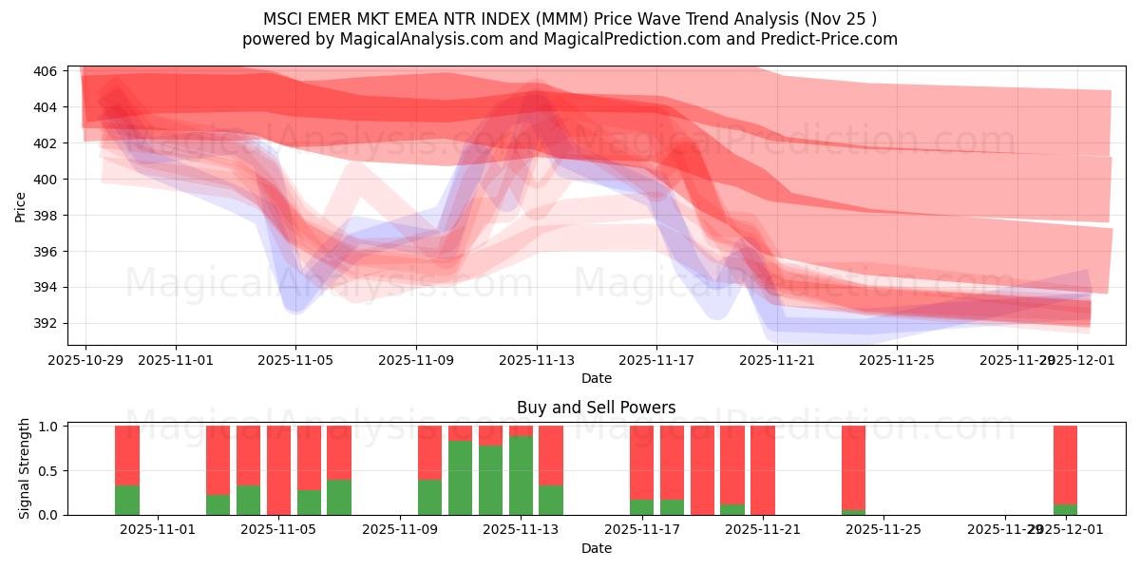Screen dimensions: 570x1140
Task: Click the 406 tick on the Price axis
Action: tap(46, 71)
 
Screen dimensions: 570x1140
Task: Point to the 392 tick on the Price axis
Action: tap(46, 323)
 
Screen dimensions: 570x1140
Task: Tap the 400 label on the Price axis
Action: tap(46, 180)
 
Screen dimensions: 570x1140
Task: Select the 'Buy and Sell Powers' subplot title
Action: tap(596, 408)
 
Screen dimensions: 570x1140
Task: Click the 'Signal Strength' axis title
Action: tap(25, 468)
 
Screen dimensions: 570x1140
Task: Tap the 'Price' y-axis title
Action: tap(21, 206)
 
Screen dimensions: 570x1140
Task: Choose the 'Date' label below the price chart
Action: tap(596, 378)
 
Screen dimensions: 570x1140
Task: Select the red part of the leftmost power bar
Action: tap(127, 454)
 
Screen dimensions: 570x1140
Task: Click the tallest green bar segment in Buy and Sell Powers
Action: tap(521, 475)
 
